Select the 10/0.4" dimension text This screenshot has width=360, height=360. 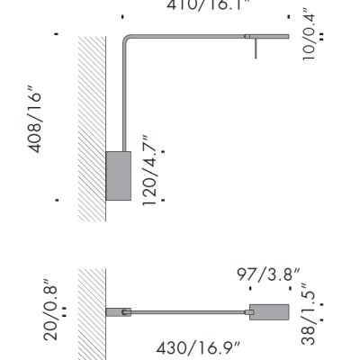pos(311,31)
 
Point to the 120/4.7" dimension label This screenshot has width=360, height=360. pos(151,171)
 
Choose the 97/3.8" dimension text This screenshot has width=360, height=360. pos(269,274)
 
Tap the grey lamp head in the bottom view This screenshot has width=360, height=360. pos(270,311)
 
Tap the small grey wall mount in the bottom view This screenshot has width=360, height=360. pos(118,311)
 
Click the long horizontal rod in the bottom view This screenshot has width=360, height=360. pos(189,311)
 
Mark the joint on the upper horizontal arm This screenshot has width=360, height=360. pos(247,36)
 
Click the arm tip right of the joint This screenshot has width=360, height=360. pos(270,36)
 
